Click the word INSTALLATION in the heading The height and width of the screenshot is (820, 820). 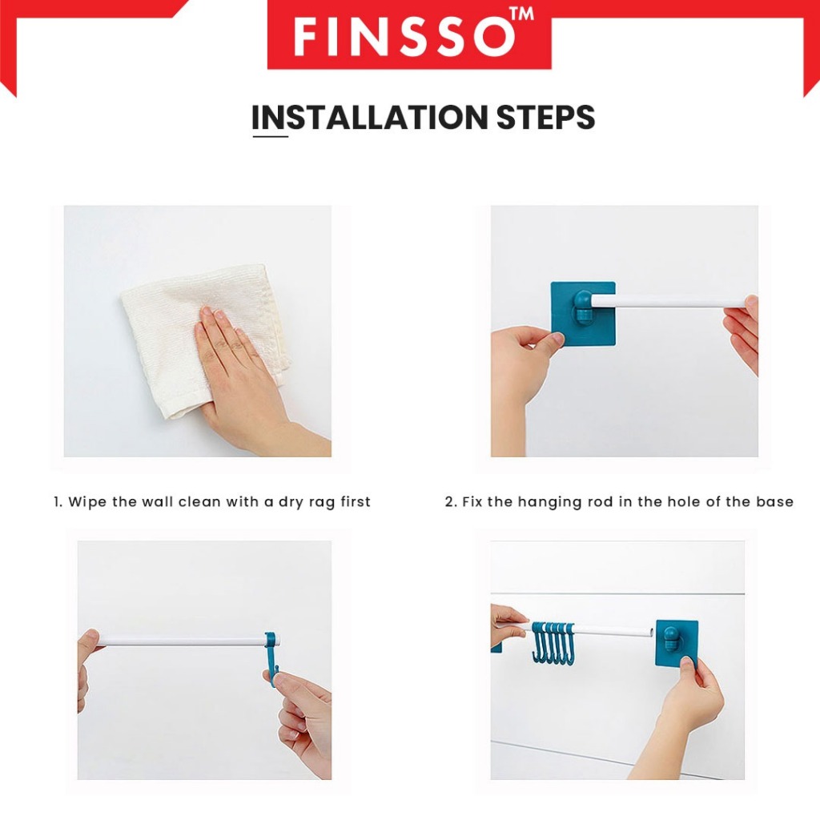click(x=369, y=117)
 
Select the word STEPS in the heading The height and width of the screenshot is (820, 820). click(x=545, y=117)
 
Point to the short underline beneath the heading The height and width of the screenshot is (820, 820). click(x=271, y=136)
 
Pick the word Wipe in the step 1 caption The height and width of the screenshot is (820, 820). click(x=87, y=502)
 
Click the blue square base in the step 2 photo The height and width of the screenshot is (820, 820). click(x=583, y=314)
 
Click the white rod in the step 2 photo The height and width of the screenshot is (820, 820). click(x=669, y=301)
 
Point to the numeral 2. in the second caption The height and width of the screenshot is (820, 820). click(x=452, y=502)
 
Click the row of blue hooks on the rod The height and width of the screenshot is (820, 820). click(x=553, y=642)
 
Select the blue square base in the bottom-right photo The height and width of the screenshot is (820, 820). click(x=677, y=643)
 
